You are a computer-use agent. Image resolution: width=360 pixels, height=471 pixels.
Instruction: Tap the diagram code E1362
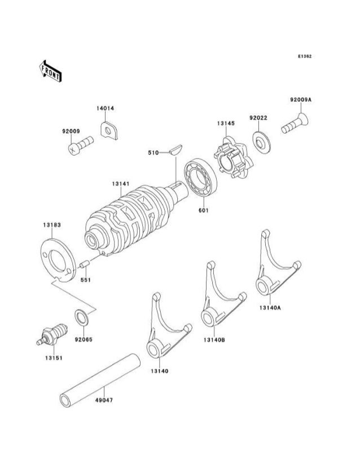click(305, 56)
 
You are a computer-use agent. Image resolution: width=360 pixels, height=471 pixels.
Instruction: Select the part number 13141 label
click(120, 183)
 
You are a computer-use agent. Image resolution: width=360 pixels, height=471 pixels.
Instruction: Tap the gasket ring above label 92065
click(81, 318)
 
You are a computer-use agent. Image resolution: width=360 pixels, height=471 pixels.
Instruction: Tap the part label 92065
click(84, 340)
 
